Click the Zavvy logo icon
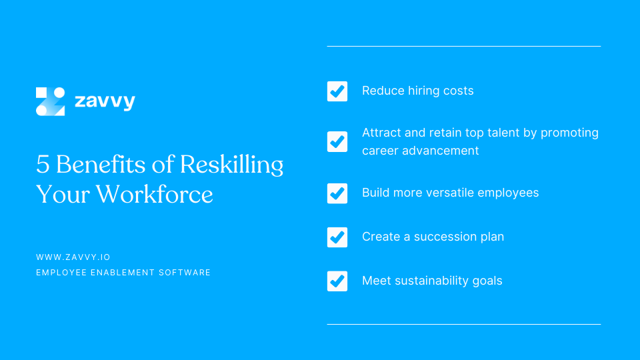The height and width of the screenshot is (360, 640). point(51,101)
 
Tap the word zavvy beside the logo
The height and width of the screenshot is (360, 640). point(105,101)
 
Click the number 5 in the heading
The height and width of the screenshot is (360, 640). point(43,164)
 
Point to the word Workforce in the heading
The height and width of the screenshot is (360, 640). point(155,194)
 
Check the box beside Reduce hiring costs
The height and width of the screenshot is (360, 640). point(337,91)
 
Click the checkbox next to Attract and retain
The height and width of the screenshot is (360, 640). point(337,141)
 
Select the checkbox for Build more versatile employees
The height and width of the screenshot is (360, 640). point(337,193)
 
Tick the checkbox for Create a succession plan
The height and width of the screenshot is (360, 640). point(337,237)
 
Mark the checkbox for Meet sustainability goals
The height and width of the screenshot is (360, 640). point(337,281)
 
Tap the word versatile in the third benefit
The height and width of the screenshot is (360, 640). point(454,193)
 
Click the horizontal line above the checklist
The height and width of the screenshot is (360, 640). point(463,46)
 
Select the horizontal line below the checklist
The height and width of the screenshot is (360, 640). point(463,324)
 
